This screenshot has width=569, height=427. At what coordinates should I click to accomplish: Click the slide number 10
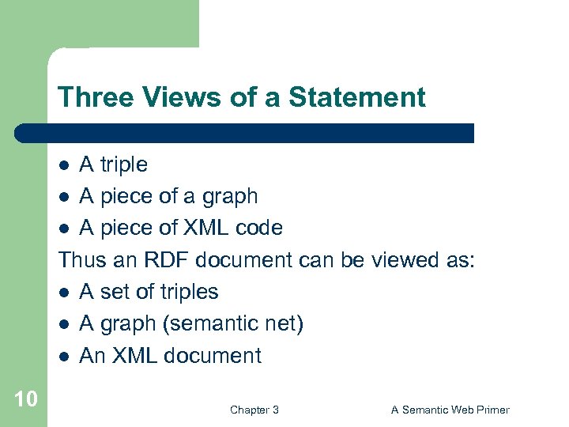click(25, 398)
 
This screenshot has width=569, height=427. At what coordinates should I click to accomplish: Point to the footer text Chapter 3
click(254, 410)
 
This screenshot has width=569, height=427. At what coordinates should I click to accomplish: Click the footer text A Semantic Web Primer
click(450, 410)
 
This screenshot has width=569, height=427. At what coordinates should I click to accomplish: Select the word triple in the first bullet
click(122, 165)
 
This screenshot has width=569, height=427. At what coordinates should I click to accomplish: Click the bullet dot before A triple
click(66, 165)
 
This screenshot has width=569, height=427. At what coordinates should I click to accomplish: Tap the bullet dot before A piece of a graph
click(66, 197)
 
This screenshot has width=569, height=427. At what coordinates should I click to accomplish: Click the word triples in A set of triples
click(189, 292)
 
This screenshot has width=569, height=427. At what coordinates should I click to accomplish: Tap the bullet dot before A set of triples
click(66, 293)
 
